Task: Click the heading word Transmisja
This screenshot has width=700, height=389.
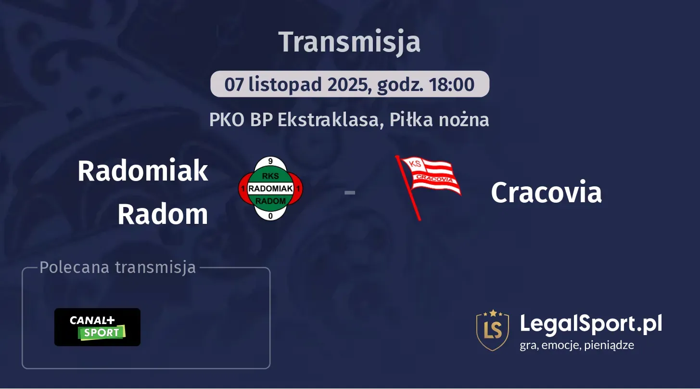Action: pos(350,42)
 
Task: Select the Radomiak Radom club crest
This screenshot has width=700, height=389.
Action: pos(270,189)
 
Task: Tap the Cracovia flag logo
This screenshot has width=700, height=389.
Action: pos(428,185)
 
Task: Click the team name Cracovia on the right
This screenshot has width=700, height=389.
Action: pos(546,193)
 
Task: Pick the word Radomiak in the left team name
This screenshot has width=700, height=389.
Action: pos(143,170)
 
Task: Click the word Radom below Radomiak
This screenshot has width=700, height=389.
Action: pos(163,214)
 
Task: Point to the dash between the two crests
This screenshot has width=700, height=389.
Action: pos(350,193)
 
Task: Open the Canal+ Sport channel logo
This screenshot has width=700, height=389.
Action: pos(97,327)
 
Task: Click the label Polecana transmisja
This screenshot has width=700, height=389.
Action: pos(118,268)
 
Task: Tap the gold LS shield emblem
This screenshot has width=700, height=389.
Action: pos(492,330)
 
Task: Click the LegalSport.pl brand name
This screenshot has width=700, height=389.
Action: pos(591,324)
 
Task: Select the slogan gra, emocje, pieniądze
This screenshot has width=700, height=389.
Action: pos(577,345)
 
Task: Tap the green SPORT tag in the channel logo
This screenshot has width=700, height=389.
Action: pos(102,333)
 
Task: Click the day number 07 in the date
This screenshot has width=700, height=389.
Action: pos(234,85)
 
